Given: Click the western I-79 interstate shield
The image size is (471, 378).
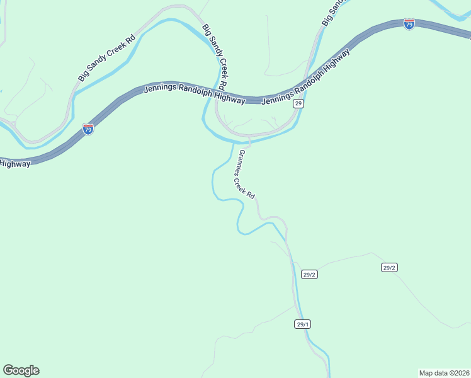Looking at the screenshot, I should (88, 129).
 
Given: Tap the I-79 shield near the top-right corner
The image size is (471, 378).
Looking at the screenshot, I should (409, 24).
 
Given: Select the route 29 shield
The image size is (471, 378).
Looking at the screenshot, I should (298, 103).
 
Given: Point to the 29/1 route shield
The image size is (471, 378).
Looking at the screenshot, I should (303, 324).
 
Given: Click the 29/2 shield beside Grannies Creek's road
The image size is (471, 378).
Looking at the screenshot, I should (309, 274).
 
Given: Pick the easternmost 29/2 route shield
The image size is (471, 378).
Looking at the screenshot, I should (389, 268).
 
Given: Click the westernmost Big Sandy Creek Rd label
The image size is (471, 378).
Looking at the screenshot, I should (107, 58).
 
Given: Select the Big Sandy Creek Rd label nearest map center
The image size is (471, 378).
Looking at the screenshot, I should (215, 56).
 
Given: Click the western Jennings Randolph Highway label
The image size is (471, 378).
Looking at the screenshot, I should (195, 94).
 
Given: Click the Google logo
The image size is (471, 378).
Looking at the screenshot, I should (21, 370).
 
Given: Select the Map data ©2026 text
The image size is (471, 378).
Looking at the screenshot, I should (444, 373).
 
